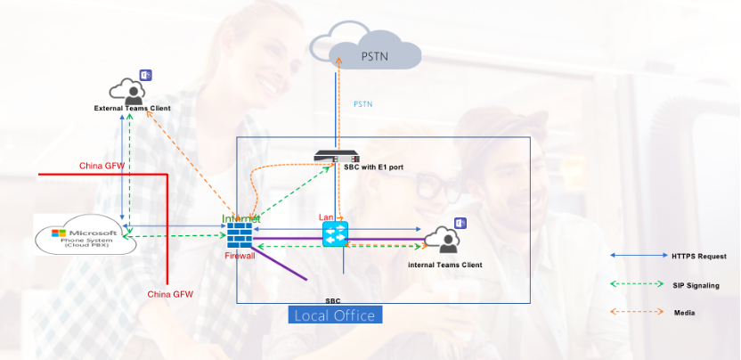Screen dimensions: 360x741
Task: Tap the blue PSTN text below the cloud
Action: pos(363,104)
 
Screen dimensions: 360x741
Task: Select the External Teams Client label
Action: pos(133,109)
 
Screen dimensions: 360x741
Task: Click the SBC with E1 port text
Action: pos(380,167)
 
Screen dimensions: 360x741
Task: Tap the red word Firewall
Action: pos(240,256)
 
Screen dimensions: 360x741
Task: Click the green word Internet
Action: pos(241,218)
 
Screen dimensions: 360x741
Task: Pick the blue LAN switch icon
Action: pos(335,233)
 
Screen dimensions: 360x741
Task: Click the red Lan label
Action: pos(326,217)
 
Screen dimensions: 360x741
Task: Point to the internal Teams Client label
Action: pos(444,265)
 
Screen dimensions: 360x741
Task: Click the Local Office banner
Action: pos(337,315)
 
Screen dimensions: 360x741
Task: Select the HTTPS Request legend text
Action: pos(696,256)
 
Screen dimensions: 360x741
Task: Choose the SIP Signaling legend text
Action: pos(696,285)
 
